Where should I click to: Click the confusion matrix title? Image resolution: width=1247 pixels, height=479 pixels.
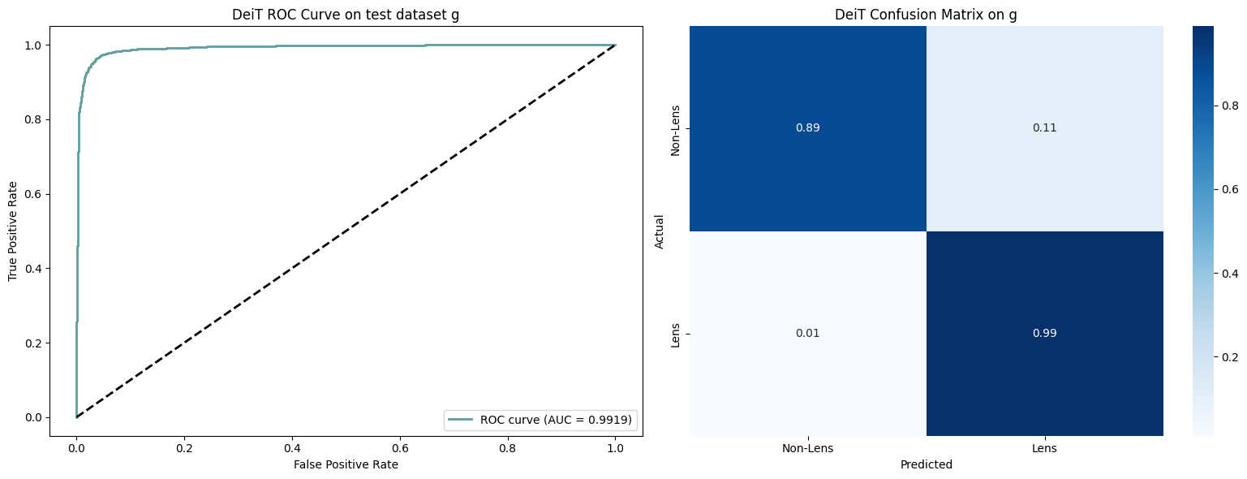[926, 15]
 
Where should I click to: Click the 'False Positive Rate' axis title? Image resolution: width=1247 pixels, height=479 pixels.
[346, 464]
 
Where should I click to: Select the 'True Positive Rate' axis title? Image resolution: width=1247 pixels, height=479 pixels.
[13, 231]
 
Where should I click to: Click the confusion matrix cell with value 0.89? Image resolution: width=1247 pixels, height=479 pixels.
[808, 128]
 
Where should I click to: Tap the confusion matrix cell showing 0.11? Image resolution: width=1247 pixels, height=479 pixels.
[1044, 128]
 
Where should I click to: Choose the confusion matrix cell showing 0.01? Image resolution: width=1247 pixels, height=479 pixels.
[808, 334]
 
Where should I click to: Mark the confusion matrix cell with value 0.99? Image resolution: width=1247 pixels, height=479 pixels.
[1044, 334]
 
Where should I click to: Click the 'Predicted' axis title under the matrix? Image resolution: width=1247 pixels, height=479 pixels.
[926, 465]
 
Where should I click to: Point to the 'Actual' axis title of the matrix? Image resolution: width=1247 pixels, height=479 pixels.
[660, 231]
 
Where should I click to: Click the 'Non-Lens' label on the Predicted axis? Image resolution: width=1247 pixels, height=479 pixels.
[808, 448]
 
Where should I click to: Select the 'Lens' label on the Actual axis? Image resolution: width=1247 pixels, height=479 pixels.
[675, 334]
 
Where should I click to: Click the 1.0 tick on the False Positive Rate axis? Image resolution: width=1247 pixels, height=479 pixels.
[615, 447]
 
